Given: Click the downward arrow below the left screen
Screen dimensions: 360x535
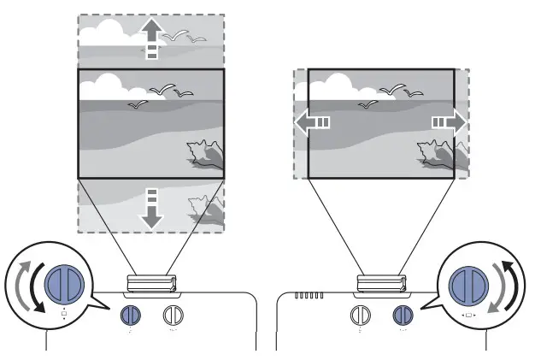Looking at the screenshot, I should [151, 210].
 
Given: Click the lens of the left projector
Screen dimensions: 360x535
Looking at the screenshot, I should [151, 283].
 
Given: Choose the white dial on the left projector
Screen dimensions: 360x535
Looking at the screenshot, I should [173, 314].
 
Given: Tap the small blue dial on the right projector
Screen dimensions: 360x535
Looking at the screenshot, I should [401, 315].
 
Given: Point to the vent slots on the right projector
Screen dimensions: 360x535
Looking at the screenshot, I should [309, 297].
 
